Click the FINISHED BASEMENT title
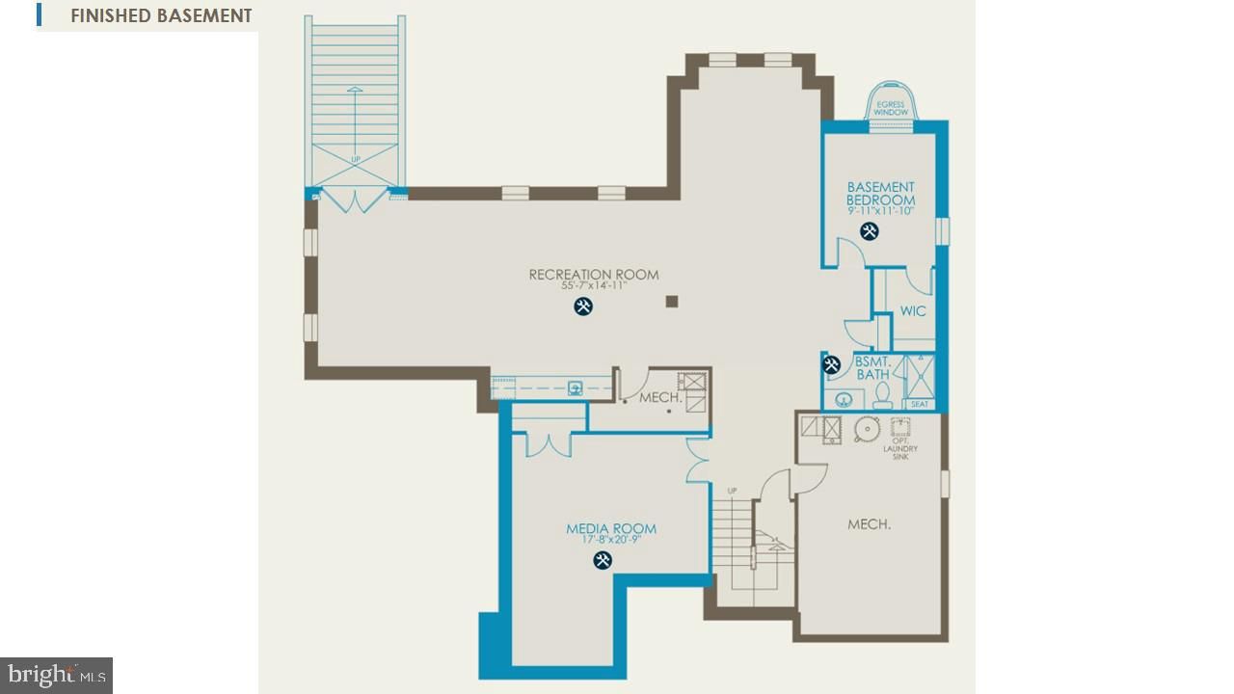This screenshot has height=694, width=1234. click(x=160, y=15)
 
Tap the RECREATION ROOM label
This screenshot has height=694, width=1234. click(x=594, y=275)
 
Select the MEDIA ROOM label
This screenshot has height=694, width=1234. click(x=611, y=528)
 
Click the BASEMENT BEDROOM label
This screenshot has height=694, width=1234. click(x=880, y=194)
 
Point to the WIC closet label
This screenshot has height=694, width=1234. click(x=913, y=311)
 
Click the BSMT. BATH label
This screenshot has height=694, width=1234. click(x=872, y=367)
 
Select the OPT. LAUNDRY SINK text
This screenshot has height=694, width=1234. click(x=899, y=449)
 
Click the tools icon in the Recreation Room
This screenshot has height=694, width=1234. click(x=583, y=307)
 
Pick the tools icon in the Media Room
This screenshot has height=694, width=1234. click(x=603, y=560)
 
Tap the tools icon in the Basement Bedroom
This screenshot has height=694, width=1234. click(x=870, y=231)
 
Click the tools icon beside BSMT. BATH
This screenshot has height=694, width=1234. click(x=832, y=364)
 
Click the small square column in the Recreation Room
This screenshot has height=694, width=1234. click(x=672, y=302)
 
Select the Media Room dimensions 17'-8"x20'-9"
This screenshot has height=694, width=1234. click(x=611, y=540)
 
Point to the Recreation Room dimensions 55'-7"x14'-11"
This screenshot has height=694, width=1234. click(x=594, y=286)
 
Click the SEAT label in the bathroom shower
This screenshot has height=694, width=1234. click(x=920, y=404)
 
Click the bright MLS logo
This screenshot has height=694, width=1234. click(x=56, y=675)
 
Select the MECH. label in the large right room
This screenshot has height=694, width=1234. click(x=869, y=524)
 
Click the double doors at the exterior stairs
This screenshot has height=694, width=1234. click(x=356, y=201)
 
